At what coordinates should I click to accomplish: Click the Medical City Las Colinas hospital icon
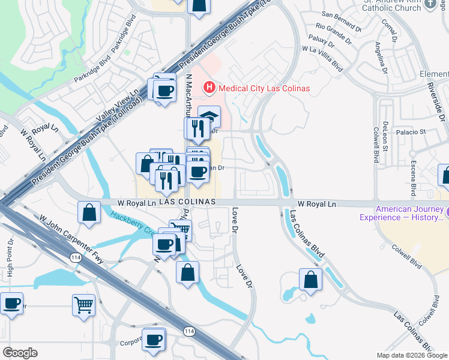[209, 88]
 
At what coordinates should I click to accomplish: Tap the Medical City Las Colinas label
[264, 88]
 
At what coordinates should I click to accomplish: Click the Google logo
[20, 353]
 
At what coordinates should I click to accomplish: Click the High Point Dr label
[10, 257]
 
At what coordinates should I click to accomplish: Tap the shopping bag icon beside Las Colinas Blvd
[310, 280]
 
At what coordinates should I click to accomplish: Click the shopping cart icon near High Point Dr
[83, 304]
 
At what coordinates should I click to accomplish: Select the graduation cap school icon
[209, 116]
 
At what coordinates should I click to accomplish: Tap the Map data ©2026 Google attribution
[411, 355]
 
